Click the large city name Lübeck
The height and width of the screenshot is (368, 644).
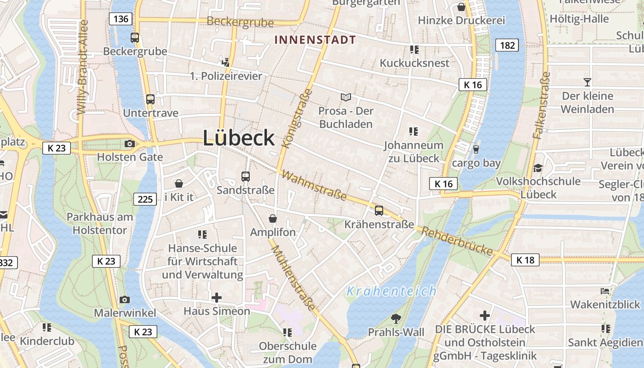[x=239, y=138]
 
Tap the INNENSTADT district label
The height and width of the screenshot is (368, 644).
[x=315, y=40]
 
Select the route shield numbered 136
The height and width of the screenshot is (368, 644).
[x=121, y=19]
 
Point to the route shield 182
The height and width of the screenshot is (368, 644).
[x=507, y=45]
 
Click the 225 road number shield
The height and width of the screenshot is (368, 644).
[x=145, y=199]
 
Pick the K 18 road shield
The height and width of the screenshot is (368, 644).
[x=525, y=260]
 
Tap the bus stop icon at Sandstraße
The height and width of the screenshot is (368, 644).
[x=246, y=176]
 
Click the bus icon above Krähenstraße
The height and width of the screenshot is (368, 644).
[x=379, y=211]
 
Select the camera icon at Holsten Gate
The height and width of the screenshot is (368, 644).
[x=130, y=144]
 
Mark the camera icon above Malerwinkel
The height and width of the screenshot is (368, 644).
[x=125, y=299]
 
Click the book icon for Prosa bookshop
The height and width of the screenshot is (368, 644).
[x=346, y=97]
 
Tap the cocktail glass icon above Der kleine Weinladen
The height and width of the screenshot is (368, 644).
[x=587, y=82]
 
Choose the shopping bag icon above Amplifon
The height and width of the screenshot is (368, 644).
[x=273, y=218]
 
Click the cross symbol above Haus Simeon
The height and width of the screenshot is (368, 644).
[x=216, y=298]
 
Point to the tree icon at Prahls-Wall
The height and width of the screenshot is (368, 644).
[x=396, y=318]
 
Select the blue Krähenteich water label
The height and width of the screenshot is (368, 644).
[x=391, y=291]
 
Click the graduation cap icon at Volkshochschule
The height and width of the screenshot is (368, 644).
[x=538, y=168]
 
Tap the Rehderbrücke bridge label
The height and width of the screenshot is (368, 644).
[x=457, y=241]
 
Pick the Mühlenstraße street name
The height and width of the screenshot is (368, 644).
[x=293, y=278]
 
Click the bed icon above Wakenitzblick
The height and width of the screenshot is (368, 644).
[x=605, y=291]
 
